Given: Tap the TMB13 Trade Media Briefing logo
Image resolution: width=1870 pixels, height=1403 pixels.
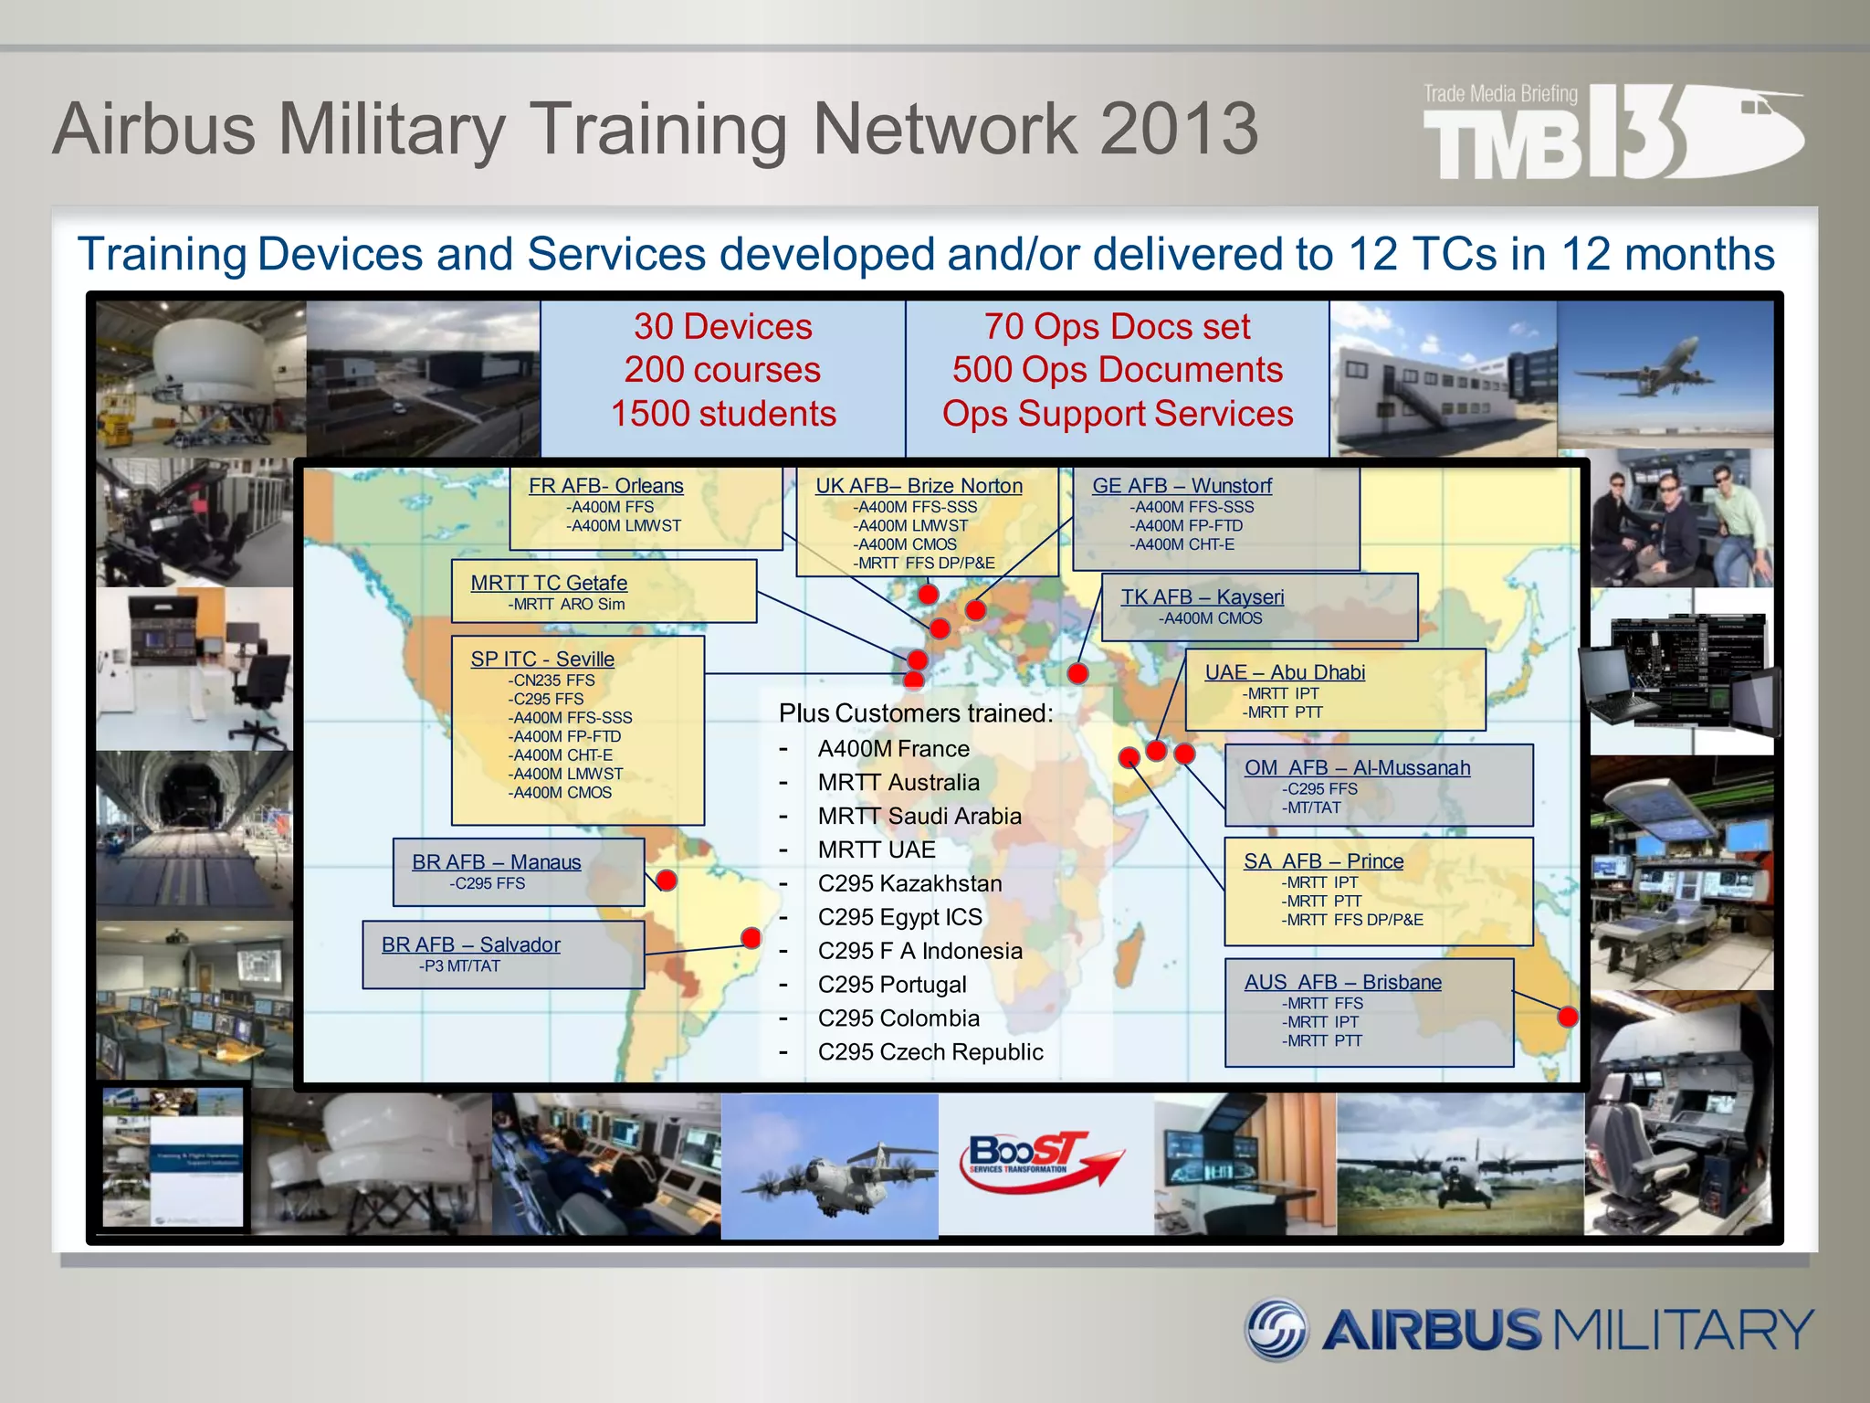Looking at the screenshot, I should coord(1612,132).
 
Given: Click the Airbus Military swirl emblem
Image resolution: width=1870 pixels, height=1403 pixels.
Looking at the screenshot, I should coord(1277,1329).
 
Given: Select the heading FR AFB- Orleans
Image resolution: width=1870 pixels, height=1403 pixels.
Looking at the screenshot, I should coord(605,486).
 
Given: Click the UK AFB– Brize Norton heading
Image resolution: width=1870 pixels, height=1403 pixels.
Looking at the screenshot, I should coord(919,486).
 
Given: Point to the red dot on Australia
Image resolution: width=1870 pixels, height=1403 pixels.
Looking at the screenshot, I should coord(1568,1017).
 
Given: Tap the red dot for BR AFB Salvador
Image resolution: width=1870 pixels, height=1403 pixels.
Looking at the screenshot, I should coord(751,938).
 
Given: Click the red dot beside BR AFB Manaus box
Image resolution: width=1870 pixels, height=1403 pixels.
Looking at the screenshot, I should coord(667,881).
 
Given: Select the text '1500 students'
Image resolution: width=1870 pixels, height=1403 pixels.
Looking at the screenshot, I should coord(723,414).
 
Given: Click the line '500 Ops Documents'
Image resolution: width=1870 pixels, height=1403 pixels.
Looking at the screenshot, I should coord(1118,370).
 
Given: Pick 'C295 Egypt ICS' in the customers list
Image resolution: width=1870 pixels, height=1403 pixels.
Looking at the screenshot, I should coord(899,917).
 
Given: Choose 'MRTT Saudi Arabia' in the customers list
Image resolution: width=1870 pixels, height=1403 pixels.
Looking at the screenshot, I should coord(919,816).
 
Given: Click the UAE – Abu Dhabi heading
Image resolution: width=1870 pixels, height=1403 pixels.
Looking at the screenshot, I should coord(1285,672).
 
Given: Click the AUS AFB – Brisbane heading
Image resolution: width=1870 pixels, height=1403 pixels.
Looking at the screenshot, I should coord(1342,982).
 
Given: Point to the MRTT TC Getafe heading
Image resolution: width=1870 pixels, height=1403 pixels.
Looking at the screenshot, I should coord(549,583).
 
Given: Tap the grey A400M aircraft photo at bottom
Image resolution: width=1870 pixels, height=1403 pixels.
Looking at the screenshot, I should coord(829,1166).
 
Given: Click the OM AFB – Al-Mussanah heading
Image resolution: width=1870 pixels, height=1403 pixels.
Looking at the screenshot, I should coord(1357,768).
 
